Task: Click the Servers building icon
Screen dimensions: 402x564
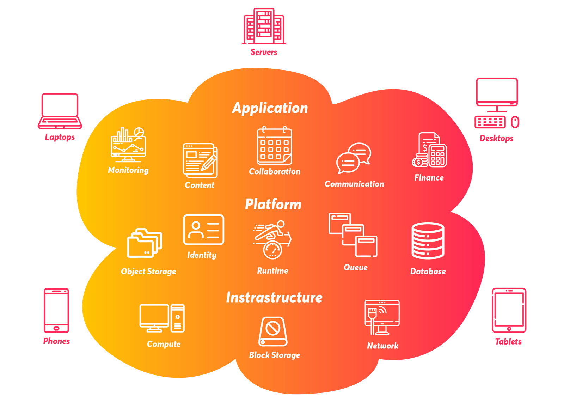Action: tap(264, 26)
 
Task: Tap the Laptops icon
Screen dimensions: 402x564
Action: tap(60, 111)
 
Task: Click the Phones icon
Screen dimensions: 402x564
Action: tap(56, 311)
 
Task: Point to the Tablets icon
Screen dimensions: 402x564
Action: tap(509, 310)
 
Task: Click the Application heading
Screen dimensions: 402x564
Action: tap(270, 108)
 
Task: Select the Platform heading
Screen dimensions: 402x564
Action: tap(273, 204)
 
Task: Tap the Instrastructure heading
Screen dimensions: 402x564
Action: tap(274, 297)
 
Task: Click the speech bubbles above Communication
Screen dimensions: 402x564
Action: tap(354, 158)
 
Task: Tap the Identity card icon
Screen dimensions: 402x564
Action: tap(203, 230)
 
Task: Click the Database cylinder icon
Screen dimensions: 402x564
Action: tap(428, 240)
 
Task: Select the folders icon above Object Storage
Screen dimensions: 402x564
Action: tap(145, 243)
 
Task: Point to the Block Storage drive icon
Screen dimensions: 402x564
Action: tap(273, 331)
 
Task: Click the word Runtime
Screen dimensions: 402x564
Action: tap(272, 271)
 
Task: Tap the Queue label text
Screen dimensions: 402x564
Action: tap(356, 268)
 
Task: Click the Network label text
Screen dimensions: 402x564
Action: tap(382, 346)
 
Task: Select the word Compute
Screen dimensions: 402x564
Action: tap(164, 344)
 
